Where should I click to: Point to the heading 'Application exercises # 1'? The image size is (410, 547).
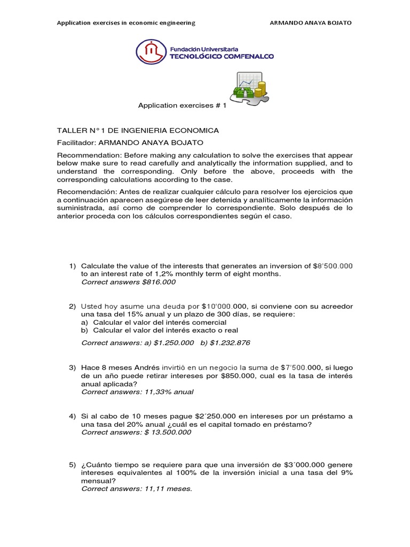point(183,106)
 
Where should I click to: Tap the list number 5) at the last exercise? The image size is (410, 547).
point(73,465)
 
